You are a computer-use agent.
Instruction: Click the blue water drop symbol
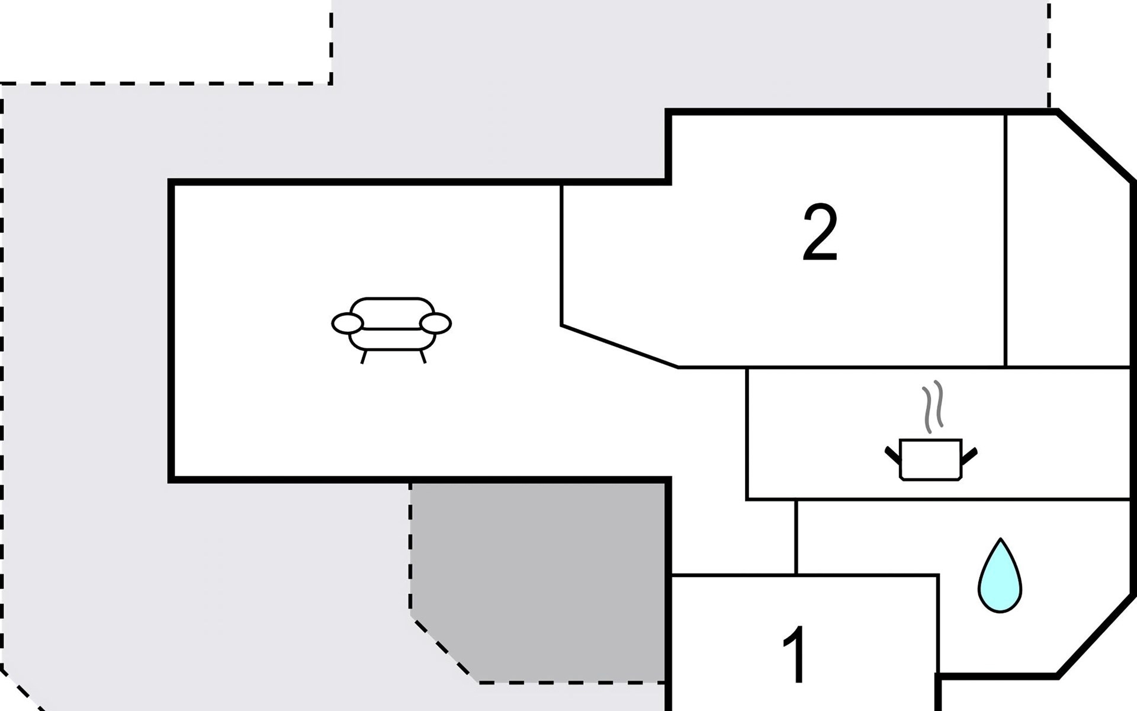pyautogui.click(x=1000, y=578)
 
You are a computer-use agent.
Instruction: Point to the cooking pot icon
pyautogui.click(x=930, y=459)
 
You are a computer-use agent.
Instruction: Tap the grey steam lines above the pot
pyautogui.click(x=932, y=406)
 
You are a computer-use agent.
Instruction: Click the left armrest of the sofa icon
pyautogui.click(x=347, y=324)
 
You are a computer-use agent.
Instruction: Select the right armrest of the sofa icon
pyautogui.click(x=436, y=324)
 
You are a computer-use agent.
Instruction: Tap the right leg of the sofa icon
pyautogui.click(x=423, y=357)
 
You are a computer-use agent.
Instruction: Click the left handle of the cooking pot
pyautogui.click(x=892, y=454)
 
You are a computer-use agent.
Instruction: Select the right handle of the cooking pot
pyautogui.click(x=969, y=454)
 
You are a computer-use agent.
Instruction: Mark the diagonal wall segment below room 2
pyautogui.click(x=619, y=346)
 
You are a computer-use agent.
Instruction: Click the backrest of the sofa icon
pyautogui.click(x=391, y=308)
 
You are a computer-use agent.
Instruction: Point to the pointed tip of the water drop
pyautogui.click(x=1000, y=540)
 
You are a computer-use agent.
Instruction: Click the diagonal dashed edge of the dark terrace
pyautogui.click(x=444, y=651)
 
